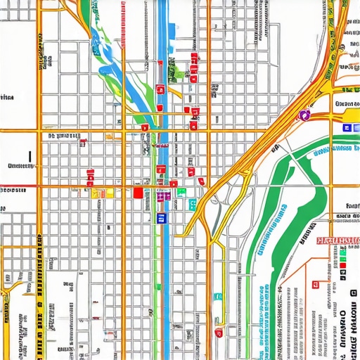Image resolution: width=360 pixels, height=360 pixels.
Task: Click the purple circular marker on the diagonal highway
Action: pyautogui.click(x=305, y=114)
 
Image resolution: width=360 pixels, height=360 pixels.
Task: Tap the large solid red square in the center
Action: pyautogui.click(x=138, y=192)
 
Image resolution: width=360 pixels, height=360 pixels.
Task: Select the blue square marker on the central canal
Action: pyautogui.click(x=161, y=217)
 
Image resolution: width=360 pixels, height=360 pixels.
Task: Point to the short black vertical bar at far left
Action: pyautogui.click(x=30, y=156)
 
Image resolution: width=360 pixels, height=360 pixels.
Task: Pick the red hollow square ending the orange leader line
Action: pyautogui.click(x=287, y=288)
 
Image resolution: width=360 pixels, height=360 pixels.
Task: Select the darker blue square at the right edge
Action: pyautogui.click(x=347, y=128)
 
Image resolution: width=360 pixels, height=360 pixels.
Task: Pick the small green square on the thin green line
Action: pyautogui.click(x=191, y=205)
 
